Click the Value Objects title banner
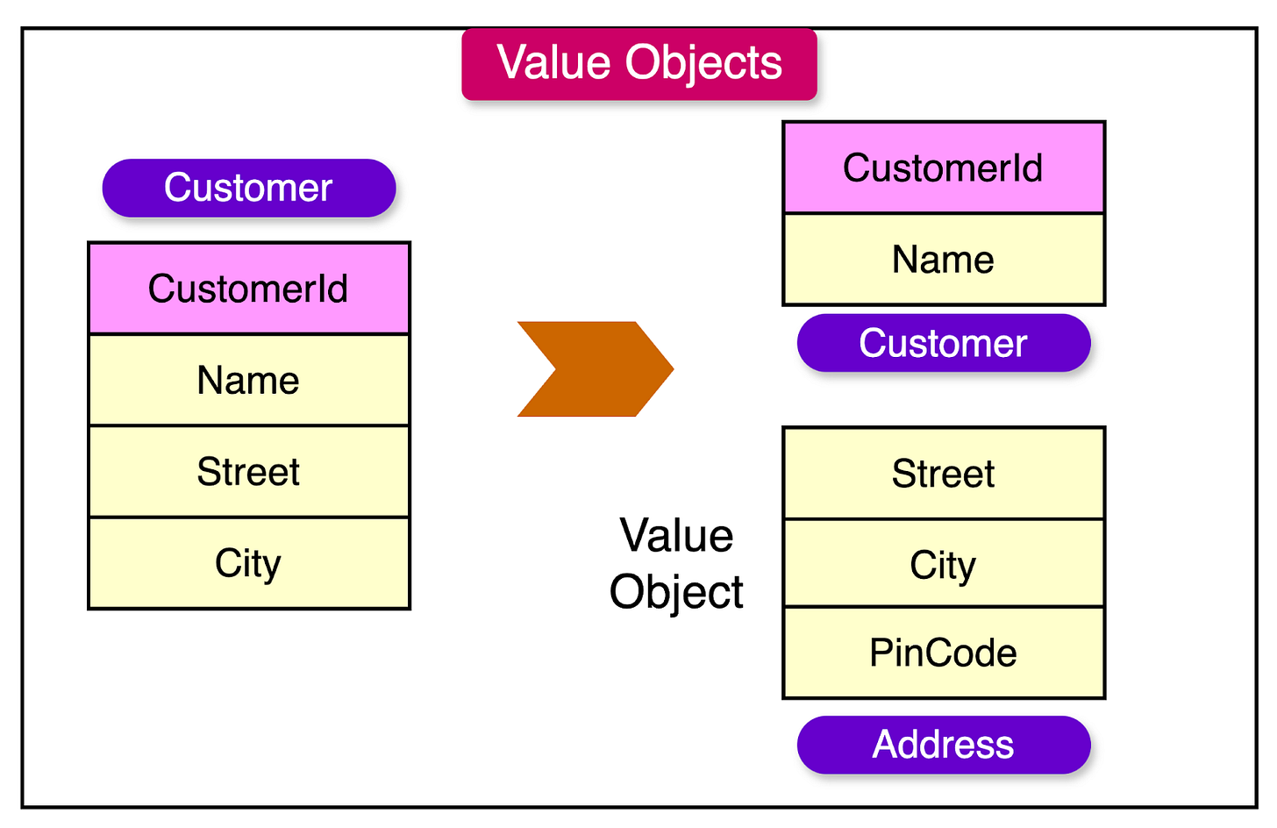638,64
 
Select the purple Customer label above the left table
248,188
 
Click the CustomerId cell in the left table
248,289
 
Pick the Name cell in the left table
248,381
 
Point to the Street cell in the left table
248,472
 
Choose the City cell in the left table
248,563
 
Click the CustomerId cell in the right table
943,168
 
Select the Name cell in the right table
943,260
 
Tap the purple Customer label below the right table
943,343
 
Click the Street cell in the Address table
943,474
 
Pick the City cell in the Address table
943,565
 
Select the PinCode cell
943,653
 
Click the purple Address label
943,745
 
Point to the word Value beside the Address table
676,536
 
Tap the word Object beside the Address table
676,592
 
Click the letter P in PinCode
879,653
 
